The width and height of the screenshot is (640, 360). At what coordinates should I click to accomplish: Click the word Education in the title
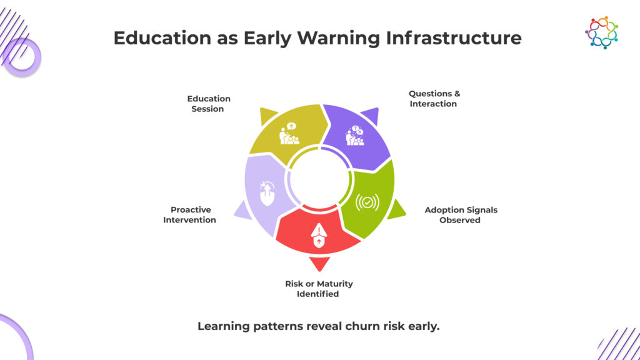pyautogui.click(x=162, y=38)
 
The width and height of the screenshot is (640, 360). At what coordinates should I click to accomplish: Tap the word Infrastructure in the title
pyautogui.click(x=454, y=38)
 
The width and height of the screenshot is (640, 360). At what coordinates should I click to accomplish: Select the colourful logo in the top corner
pyautogui.click(x=601, y=32)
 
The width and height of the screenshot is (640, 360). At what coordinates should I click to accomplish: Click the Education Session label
pyautogui.click(x=208, y=104)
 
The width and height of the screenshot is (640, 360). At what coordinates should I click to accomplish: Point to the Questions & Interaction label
pyautogui.click(x=434, y=99)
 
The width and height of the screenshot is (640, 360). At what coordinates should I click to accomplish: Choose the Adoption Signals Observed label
pyautogui.click(x=461, y=215)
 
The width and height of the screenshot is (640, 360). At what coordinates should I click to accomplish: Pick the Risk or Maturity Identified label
pyautogui.click(x=318, y=289)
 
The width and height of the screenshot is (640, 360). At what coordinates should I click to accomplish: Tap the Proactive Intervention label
pyautogui.click(x=190, y=214)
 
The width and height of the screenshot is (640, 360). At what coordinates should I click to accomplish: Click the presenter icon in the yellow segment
pyautogui.click(x=289, y=134)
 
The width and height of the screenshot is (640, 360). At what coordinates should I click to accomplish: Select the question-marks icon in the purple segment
pyautogui.click(x=355, y=136)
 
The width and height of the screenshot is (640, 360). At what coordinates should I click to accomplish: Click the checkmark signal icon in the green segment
pyautogui.click(x=367, y=202)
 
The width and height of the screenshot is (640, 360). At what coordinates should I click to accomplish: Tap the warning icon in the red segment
pyautogui.click(x=319, y=236)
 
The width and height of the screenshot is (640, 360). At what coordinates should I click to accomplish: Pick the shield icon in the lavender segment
pyautogui.click(x=267, y=193)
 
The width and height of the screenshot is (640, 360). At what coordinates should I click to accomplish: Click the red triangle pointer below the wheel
pyautogui.click(x=319, y=263)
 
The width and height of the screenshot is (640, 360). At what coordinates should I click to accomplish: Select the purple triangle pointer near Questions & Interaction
pyautogui.click(x=371, y=115)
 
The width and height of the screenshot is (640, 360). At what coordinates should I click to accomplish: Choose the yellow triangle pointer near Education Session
pyautogui.click(x=267, y=115)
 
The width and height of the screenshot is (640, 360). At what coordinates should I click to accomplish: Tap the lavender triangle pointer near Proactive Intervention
pyautogui.click(x=244, y=211)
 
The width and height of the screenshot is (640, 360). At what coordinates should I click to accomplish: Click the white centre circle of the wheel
pyautogui.click(x=319, y=179)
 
